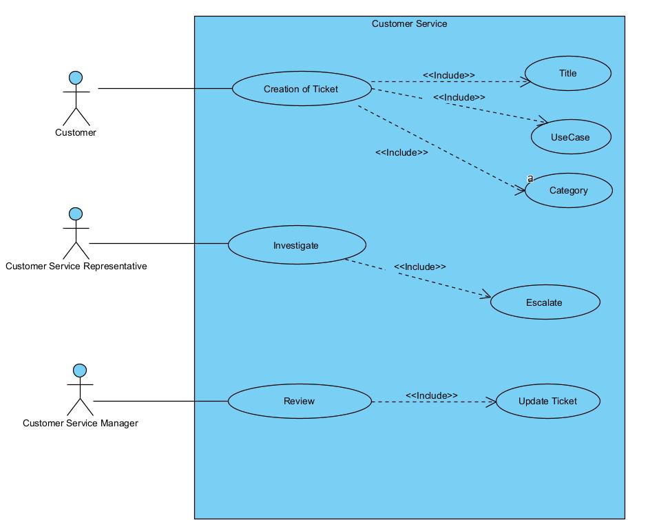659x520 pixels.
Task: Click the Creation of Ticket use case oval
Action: (301, 89)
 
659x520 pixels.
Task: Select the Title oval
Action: (567, 74)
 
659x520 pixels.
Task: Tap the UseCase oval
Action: (570, 137)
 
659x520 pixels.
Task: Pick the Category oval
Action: (568, 190)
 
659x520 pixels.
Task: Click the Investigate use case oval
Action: (296, 245)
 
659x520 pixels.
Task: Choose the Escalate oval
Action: (544, 302)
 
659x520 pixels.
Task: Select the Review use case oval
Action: (299, 401)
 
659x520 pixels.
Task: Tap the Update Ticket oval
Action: (547, 401)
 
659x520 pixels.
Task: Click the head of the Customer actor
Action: (76, 77)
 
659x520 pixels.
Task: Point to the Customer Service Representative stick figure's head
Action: (76, 214)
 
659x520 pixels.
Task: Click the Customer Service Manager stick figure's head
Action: (80, 371)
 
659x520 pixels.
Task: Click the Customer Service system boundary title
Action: (409, 23)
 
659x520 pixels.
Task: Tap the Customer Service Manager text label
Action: (80, 423)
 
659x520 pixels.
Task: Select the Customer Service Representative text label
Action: (76, 266)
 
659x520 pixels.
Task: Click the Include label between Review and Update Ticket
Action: (431, 395)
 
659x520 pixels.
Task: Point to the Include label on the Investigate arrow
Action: (419, 267)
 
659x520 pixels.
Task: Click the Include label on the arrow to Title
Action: (448, 75)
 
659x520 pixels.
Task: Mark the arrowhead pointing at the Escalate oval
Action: (485, 296)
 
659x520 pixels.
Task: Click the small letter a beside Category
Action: (530, 178)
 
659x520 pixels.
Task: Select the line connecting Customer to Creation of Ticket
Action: (165, 89)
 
